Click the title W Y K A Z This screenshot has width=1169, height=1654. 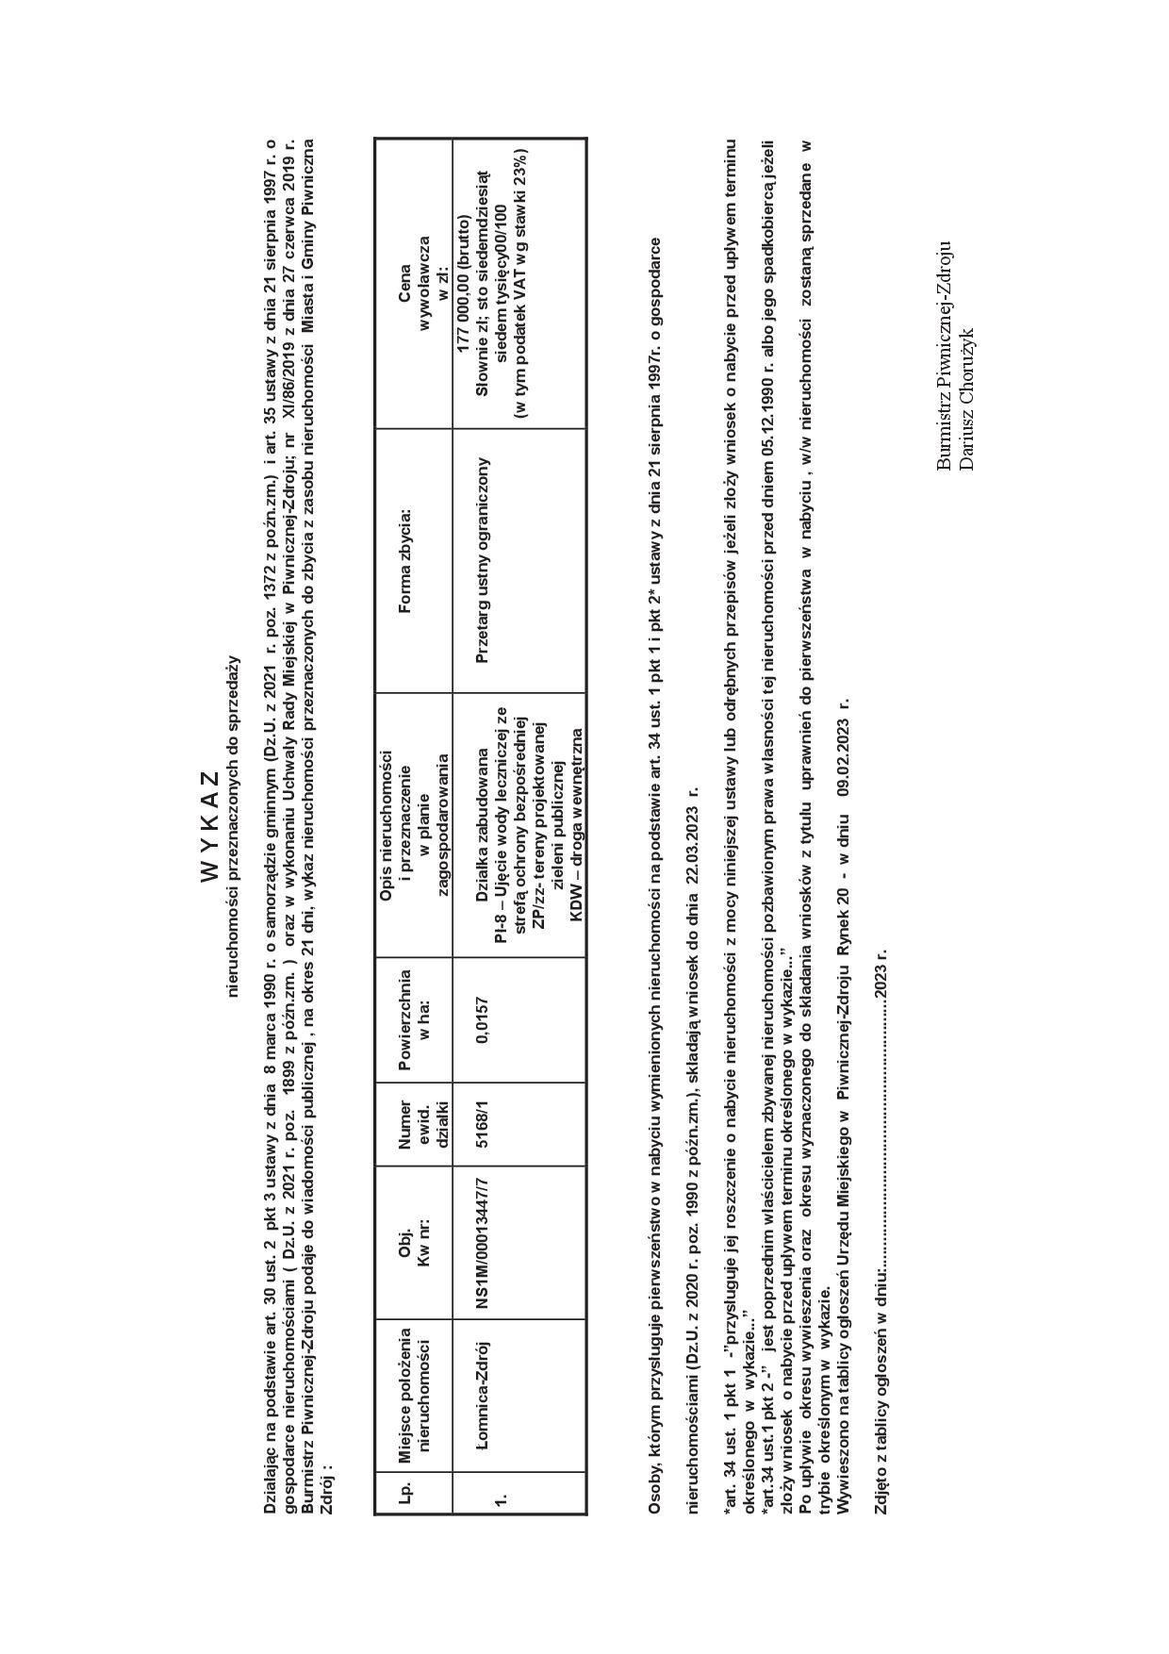point(209,827)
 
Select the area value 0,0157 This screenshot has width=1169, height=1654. point(483,1020)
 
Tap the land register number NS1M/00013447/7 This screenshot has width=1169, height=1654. point(483,1243)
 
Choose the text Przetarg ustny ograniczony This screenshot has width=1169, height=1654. point(483,560)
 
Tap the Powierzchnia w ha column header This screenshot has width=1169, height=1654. point(414,1020)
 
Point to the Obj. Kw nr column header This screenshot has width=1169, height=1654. point(414,1243)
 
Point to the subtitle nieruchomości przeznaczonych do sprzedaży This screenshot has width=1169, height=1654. point(233,826)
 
